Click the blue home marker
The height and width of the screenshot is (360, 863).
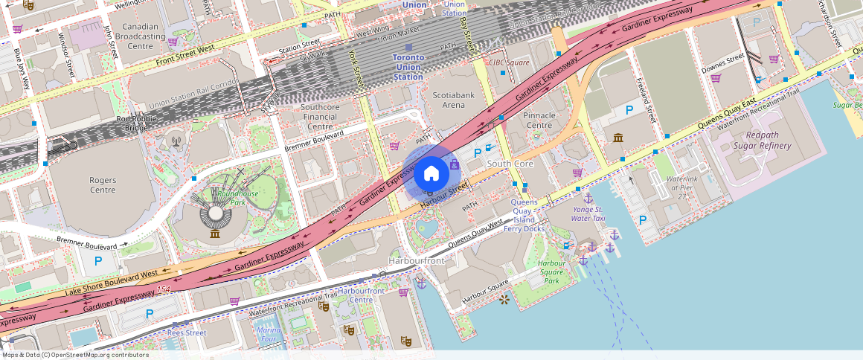431,174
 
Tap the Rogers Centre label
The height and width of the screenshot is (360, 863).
103,184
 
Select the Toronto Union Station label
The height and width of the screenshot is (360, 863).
408,67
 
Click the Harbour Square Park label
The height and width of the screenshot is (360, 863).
552,271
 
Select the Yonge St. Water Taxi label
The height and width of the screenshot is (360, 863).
588,214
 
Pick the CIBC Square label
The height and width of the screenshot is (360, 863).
509,62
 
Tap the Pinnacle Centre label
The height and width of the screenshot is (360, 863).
539,120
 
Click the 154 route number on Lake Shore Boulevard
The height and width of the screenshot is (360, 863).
164,289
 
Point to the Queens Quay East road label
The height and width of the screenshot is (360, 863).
728,112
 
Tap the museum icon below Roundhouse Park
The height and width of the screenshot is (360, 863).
215,235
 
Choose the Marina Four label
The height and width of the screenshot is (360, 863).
268,334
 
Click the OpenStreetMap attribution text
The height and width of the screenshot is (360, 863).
75,355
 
